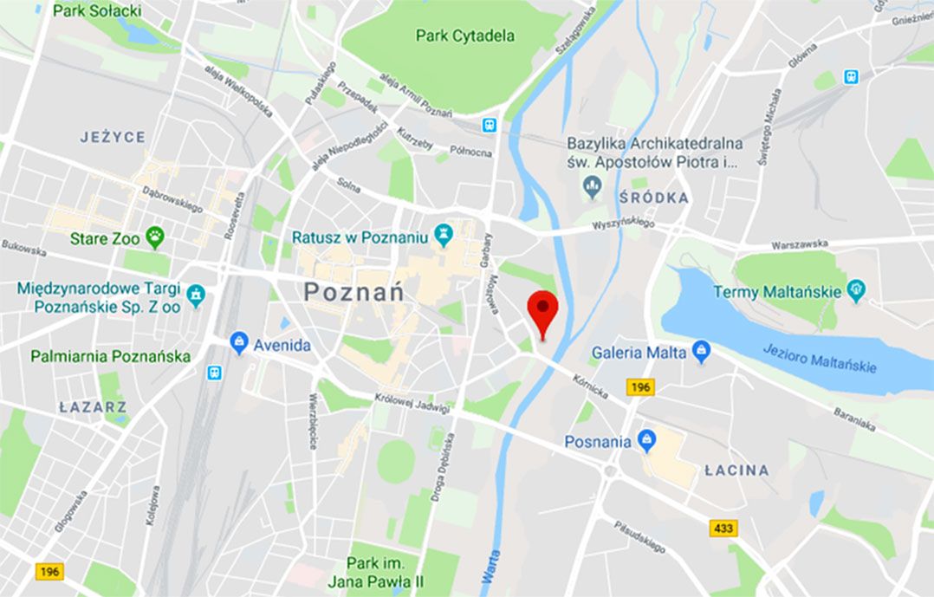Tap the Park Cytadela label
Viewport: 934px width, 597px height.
[x=464, y=36]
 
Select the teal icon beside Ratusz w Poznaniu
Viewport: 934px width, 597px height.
[x=444, y=235]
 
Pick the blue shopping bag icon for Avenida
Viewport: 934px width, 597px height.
[x=239, y=343]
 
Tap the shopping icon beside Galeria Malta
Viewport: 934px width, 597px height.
[x=702, y=352]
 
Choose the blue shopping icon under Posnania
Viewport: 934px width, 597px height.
[x=645, y=440]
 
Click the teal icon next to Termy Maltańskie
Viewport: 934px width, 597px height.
[x=857, y=291]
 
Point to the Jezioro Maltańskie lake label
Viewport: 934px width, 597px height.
[x=820, y=357]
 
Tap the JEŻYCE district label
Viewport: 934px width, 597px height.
[x=113, y=137]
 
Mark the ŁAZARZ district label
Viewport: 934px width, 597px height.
[x=93, y=406]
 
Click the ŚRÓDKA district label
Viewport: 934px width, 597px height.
[x=654, y=198]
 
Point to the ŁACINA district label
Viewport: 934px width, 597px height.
[x=736, y=470]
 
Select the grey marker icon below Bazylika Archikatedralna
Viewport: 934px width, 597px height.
[x=593, y=185]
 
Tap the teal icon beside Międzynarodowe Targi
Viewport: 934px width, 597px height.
[x=196, y=295]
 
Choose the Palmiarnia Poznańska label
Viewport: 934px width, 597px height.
[x=110, y=356]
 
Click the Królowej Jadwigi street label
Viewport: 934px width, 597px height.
[x=412, y=404]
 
